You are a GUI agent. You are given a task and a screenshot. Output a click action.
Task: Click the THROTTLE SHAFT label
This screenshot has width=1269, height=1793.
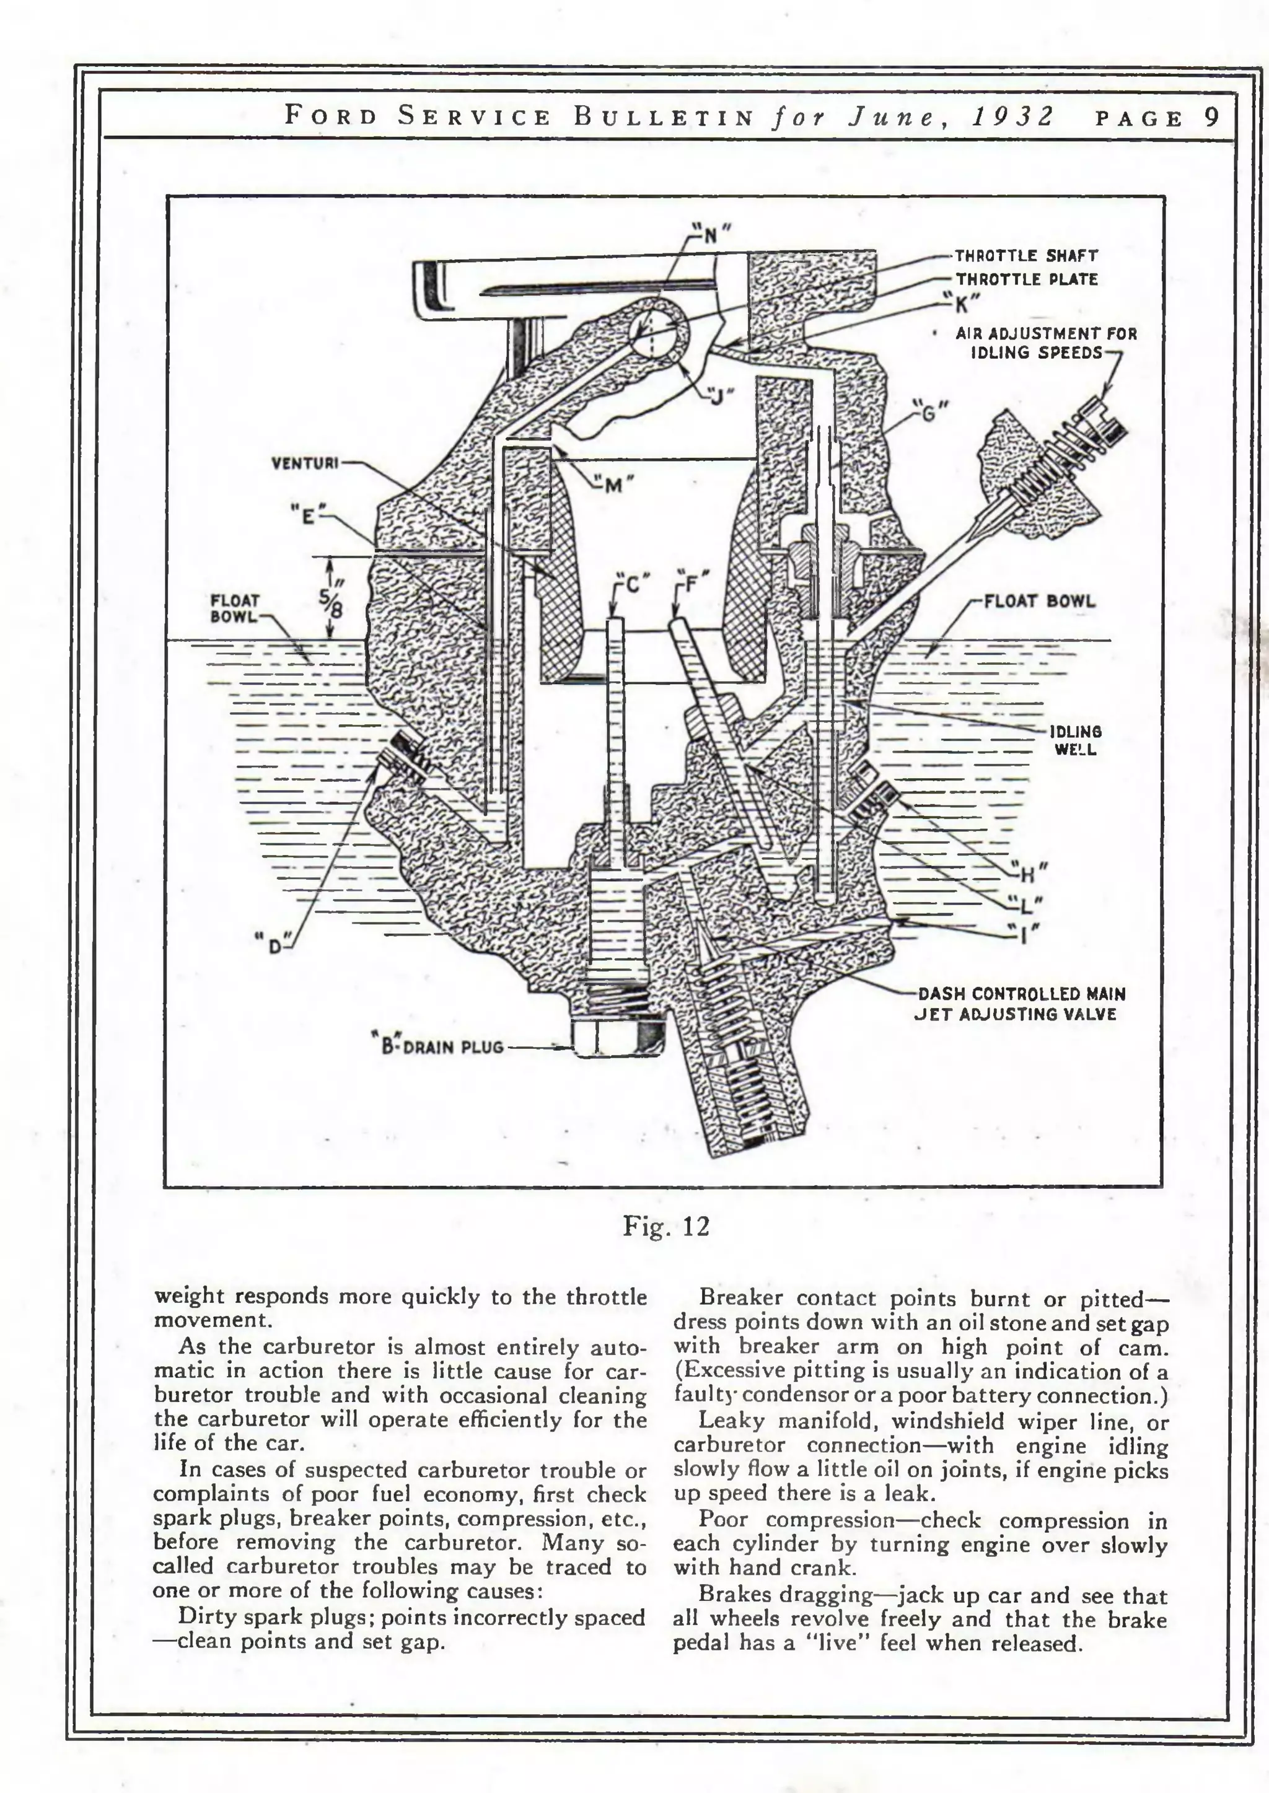pyautogui.click(x=1026, y=255)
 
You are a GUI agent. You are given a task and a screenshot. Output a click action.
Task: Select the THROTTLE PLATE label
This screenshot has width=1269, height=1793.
pyautogui.click(x=1026, y=279)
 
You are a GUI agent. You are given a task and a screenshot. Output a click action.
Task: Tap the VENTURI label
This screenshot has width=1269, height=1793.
pyautogui.click(x=305, y=463)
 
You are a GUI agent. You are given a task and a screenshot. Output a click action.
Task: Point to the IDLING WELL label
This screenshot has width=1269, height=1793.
pyautogui.click(x=1075, y=740)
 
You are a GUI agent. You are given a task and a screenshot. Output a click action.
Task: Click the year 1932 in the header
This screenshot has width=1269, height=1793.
pyautogui.click(x=1012, y=116)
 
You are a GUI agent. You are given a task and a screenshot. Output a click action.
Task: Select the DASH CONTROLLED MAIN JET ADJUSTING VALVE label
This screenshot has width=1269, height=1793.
pyautogui.click(x=1021, y=1004)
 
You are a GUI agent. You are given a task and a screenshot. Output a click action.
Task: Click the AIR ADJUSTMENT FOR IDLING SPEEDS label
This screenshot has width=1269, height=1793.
pyautogui.click(x=1045, y=343)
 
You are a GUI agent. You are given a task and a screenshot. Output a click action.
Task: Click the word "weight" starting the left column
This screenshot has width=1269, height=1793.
pyautogui.click(x=189, y=1296)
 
